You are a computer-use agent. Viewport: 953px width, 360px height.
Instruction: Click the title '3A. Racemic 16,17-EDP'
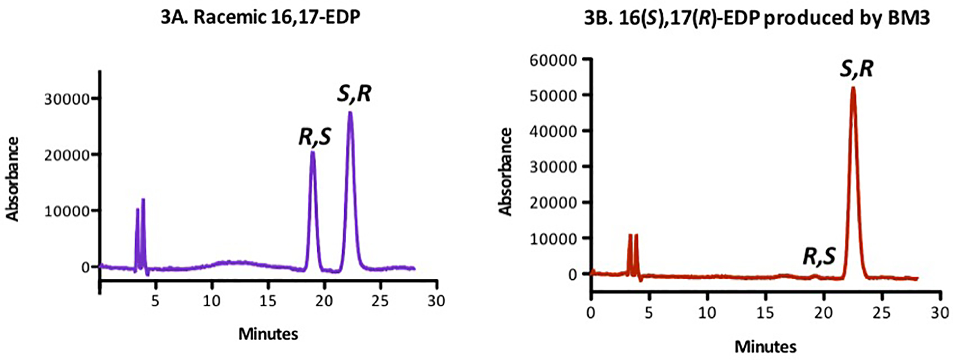pyautogui.click(x=260, y=17)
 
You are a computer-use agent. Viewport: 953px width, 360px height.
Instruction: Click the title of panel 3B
pyautogui.click(x=757, y=17)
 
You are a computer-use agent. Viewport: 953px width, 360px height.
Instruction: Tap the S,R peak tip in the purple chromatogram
pyautogui.click(x=350, y=113)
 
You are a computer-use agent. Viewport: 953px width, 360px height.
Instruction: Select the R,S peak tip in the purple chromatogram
pyautogui.click(x=312, y=152)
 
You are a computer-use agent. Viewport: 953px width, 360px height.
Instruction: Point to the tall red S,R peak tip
pyautogui.click(x=853, y=88)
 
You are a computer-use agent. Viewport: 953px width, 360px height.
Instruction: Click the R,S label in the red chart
pyautogui.click(x=819, y=256)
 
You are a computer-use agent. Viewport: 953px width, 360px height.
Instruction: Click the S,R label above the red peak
pyautogui.click(x=856, y=69)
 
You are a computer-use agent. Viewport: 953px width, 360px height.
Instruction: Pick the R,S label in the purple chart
pyautogui.click(x=314, y=137)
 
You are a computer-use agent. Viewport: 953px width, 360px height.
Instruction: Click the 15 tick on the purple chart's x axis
pyautogui.click(x=268, y=301)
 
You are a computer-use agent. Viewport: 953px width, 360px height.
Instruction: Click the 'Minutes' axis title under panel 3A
pyautogui.click(x=268, y=334)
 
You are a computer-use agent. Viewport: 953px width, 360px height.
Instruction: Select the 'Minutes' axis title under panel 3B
pyautogui.click(x=765, y=347)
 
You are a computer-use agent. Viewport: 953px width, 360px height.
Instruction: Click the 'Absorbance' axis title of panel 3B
pyautogui.click(x=506, y=171)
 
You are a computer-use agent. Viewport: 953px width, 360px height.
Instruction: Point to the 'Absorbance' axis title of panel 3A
pyautogui.click(x=13, y=179)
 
